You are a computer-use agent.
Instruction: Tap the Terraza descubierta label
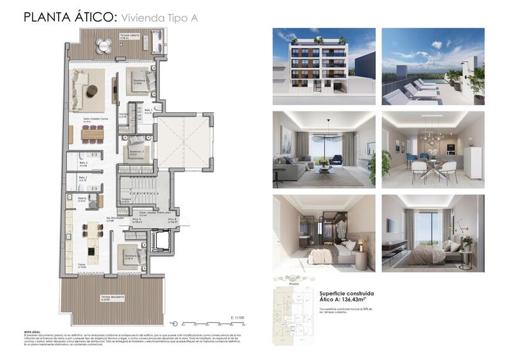pos(111,298)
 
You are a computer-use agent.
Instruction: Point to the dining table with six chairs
pos(92,134)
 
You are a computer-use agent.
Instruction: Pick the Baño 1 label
pos(147,111)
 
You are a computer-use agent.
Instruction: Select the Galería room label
pos(82,199)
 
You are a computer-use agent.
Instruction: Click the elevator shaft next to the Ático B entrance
pos(159,241)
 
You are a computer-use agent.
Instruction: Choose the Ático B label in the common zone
pos(172,220)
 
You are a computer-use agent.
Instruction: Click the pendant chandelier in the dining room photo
pos(420,137)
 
